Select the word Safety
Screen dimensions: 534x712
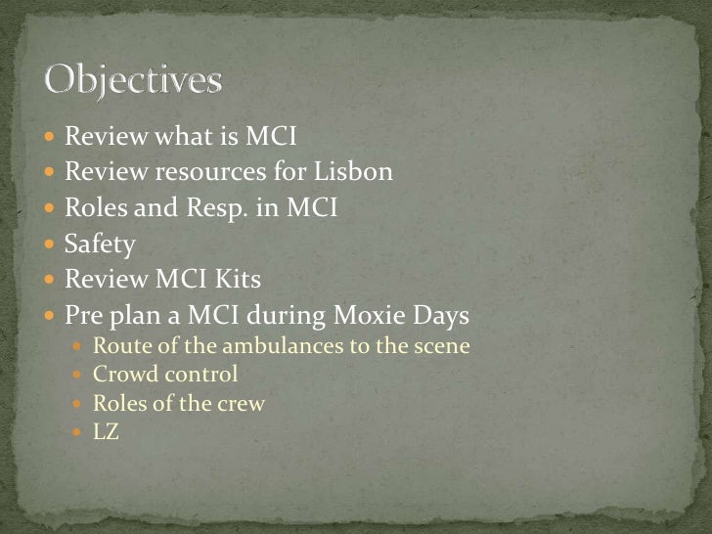pos(99,245)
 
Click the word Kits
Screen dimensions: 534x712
pos(240,281)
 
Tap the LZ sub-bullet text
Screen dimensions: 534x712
pos(106,430)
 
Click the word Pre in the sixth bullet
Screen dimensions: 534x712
pos(82,317)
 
